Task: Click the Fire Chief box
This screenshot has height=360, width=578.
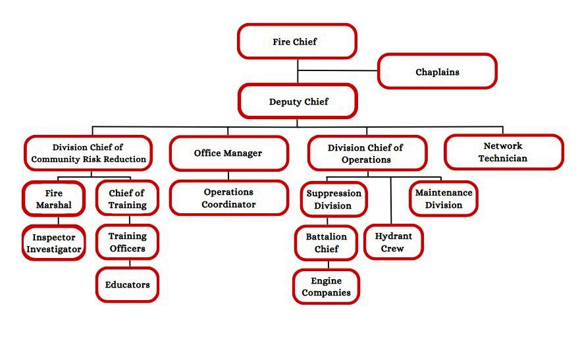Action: (x=296, y=41)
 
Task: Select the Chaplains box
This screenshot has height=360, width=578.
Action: (x=437, y=72)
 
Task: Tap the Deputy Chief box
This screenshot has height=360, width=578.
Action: (x=298, y=101)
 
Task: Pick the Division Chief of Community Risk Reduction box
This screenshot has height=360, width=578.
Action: (x=88, y=153)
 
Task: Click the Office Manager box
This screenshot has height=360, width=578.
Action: (x=228, y=153)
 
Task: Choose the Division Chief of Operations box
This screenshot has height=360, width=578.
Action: (x=367, y=153)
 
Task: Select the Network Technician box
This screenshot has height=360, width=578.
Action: (x=504, y=152)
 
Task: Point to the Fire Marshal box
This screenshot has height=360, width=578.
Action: (x=53, y=199)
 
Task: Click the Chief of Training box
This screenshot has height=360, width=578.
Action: (x=127, y=199)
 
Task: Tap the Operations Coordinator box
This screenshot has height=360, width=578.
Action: (x=228, y=198)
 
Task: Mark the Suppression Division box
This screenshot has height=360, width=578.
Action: (x=333, y=199)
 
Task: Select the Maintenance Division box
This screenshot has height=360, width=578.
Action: (x=443, y=199)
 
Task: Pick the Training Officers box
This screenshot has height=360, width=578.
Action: (x=127, y=242)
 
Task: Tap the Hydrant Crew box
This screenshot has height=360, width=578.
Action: (x=393, y=242)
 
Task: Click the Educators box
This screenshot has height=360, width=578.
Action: (x=127, y=285)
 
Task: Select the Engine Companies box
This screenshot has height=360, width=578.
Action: (x=327, y=287)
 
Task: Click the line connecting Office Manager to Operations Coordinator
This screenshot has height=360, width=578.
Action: (x=228, y=176)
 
